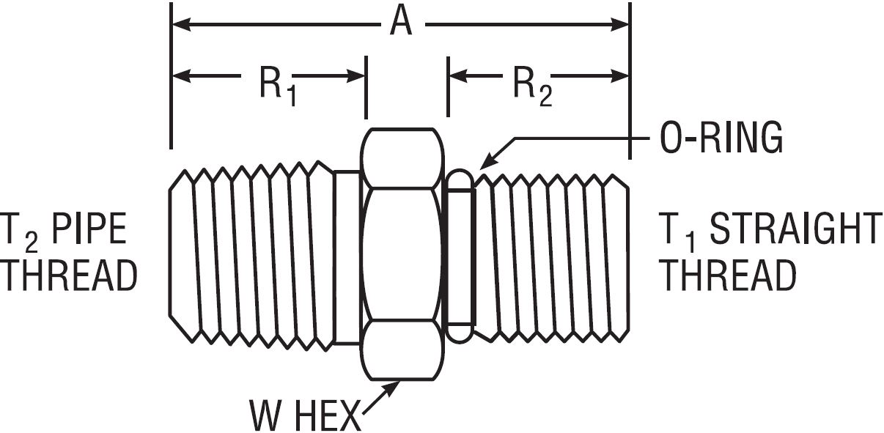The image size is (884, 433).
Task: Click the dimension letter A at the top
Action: pos(401,23)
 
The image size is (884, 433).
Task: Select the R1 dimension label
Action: pos(278,86)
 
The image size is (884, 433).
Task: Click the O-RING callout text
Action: pos(721,138)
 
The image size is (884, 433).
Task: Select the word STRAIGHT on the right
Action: pos(796,230)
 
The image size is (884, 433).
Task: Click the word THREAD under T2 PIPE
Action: pos(69,277)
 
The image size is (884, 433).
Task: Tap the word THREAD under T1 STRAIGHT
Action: pos(729,277)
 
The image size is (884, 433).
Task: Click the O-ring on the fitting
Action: pos(460,256)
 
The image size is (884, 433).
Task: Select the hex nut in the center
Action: pos(402,254)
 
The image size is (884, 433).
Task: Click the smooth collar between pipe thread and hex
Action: pos(347,256)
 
